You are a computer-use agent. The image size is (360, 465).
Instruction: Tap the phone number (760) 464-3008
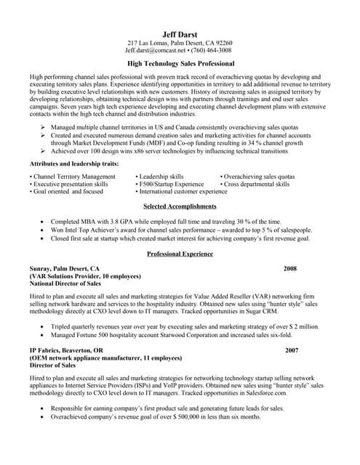[209, 51]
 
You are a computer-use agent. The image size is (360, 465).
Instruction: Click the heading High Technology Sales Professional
[180, 63]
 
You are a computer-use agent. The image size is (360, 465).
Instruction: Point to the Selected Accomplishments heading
[180, 206]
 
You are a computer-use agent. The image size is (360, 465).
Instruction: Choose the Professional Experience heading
[180, 254]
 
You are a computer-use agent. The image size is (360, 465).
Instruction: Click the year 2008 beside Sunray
[290, 268]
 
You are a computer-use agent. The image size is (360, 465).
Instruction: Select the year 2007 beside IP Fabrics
[292, 350]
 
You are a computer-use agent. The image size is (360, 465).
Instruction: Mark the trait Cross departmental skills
[256, 185]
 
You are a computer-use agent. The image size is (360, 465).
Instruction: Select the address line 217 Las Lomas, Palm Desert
[180, 43]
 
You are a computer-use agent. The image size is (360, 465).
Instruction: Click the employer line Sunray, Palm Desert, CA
[65, 268]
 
